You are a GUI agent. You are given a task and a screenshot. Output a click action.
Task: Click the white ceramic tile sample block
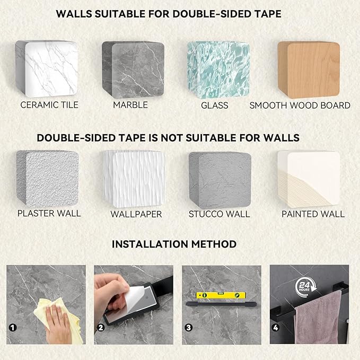[x=46, y=68]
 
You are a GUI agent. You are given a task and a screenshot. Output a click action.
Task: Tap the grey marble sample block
[x=133, y=69]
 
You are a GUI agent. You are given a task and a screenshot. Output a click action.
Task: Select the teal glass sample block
[x=218, y=70]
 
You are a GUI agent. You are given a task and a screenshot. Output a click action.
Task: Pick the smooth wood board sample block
[x=309, y=70]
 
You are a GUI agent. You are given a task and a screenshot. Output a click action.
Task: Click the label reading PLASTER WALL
[x=49, y=213]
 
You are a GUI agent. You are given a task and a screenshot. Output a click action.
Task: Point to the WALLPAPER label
[x=136, y=214]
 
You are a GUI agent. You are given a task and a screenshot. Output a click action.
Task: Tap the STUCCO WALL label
[x=219, y=214]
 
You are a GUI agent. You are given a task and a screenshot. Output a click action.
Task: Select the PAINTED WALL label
[x=313, y=214]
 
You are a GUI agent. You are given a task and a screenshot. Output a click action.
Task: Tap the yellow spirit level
[x=221, y=295]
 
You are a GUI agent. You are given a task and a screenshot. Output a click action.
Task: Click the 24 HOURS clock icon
[x=305, y=286]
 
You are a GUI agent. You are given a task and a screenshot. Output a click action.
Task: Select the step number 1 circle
[x=13, y=328]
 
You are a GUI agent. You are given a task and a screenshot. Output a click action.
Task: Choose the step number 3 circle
[x=189, y=328]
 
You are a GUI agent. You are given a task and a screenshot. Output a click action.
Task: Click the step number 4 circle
[x=276, y=328]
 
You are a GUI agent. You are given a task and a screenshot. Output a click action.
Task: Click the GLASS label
[x=215, y=106]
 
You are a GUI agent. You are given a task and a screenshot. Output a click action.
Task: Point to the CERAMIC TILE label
[x=49, y=105]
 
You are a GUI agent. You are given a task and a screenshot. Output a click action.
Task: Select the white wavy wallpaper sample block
[x=134, y=179]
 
